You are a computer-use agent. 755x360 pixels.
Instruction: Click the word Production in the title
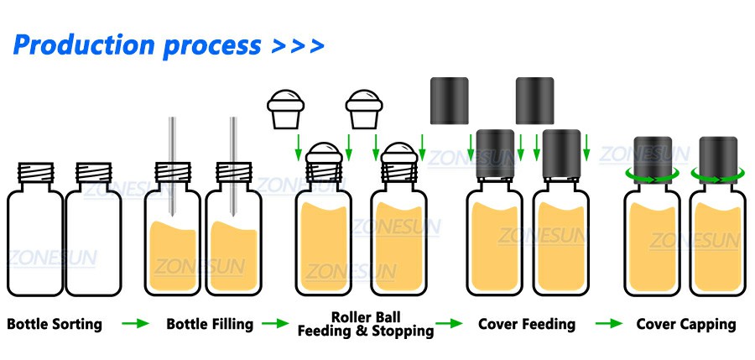[85, 44]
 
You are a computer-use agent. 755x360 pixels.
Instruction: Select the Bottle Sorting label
[55, 324]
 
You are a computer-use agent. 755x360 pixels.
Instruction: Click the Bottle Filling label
[210, 324]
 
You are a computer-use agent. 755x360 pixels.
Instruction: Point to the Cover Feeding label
[527, 324]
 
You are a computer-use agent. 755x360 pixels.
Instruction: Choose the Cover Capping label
[686, 324]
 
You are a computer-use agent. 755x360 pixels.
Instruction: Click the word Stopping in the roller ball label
[404, 331]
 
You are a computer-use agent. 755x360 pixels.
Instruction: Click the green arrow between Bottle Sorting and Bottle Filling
[135, 324]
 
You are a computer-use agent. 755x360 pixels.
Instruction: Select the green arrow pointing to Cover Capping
[609, 324]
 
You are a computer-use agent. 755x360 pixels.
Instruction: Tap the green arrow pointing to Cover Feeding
[450, 324]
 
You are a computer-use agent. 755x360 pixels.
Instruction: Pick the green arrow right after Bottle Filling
[275, 324]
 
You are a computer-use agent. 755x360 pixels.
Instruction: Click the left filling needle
[172, 166]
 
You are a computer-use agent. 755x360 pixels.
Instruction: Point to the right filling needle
[233, 166]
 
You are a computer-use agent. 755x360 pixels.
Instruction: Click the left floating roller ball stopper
[286, 109]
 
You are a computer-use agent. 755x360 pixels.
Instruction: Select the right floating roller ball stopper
[364, 109]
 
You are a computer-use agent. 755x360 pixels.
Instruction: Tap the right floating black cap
[534, 101]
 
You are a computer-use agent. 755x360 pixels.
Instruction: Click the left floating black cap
[450, 101]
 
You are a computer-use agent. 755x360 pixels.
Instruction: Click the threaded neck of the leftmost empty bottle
[35, 173]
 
